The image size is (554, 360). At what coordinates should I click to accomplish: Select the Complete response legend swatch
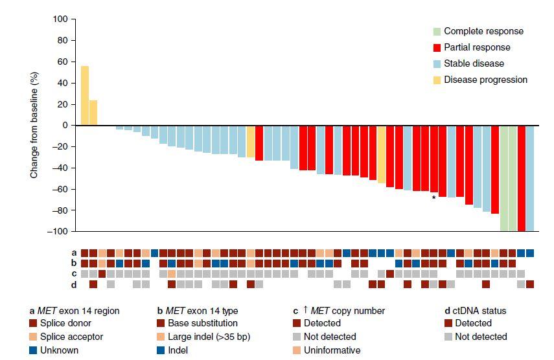pos(438,31)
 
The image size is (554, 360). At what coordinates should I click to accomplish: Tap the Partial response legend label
pos(477,47)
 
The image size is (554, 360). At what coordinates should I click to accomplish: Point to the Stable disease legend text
pos(474,63)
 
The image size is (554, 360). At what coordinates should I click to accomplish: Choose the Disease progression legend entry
pos(485,80)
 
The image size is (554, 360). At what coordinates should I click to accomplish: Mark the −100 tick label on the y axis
pos(59,231)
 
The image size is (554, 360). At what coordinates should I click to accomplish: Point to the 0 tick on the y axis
pos(65,125)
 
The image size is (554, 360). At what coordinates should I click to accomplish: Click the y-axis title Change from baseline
pos(34,125)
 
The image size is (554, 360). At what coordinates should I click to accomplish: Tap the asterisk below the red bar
pos(433,198)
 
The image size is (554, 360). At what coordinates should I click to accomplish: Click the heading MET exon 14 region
pos(75,311)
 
